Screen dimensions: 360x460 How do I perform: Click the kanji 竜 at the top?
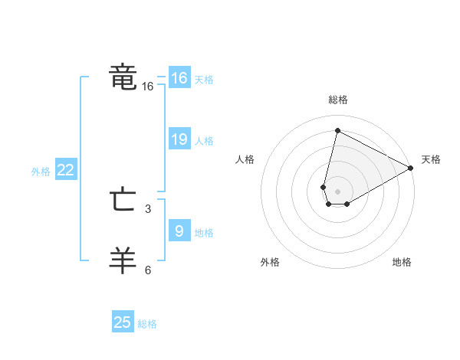click(123, 77)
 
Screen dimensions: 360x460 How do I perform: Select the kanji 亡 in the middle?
click(123, 201)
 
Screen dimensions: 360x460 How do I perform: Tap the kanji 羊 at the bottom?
click(123, 260)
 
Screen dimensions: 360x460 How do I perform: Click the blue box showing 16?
click(179, 78)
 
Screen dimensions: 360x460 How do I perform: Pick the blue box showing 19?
click(179, 139)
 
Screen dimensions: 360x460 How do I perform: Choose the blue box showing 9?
click(179, 231)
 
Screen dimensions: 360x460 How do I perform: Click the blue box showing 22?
click(65, 171)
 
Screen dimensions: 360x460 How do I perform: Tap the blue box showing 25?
click(123, 322)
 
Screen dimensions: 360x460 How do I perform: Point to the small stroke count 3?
click(148, 208)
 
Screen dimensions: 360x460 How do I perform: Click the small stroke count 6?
click(148, 270)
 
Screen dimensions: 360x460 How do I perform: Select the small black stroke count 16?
click(148, 87)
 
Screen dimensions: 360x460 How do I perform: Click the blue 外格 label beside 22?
click(41, 172)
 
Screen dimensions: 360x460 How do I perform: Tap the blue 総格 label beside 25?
click(147, 324)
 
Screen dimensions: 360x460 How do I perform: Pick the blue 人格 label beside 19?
click(204, 141)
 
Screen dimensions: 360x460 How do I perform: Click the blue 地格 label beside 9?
click(204, 233)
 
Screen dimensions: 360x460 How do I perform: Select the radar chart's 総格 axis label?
click(337, 100)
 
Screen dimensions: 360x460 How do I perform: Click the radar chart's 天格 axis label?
click(431, 159)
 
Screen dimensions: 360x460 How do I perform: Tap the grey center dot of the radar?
click(337, 191)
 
